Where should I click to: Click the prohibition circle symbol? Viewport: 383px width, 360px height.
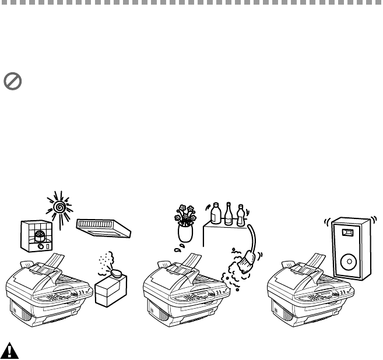coord(12,82)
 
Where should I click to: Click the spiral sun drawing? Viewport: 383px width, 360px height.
coord(59,206)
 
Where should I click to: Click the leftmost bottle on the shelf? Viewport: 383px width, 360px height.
coord(216,214)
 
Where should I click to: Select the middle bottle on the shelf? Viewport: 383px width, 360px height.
coord(229,215)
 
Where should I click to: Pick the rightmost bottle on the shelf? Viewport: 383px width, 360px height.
coord(240,215)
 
